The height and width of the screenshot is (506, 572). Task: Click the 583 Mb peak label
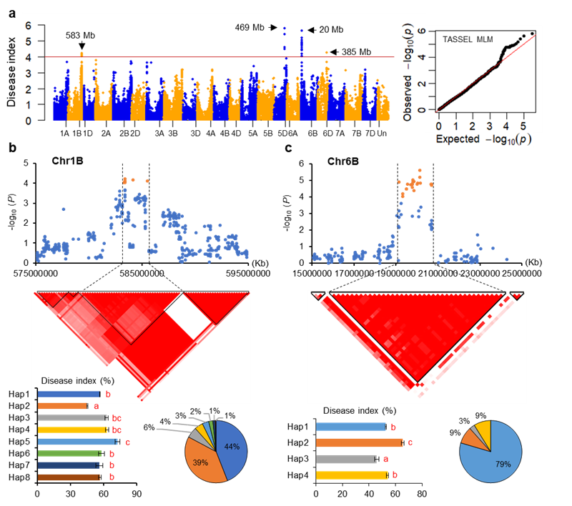coord(79,35)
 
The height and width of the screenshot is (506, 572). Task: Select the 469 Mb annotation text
coord(250,28)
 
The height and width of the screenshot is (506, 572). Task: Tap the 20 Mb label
coord(331,29)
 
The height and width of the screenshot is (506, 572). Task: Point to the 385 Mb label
coord(355,51)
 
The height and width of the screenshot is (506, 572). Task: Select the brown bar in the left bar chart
coord(69,477)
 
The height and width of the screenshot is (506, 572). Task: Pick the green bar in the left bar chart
coord(69,453)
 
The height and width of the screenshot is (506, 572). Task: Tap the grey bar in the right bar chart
coord(345,459)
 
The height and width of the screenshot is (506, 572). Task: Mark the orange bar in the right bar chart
coord(359,443)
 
